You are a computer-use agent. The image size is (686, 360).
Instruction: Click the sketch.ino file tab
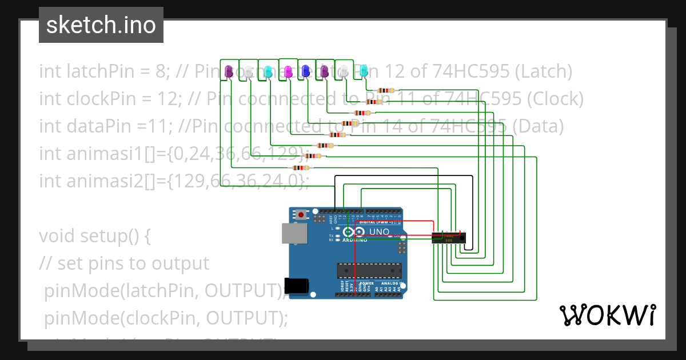click(101, 25)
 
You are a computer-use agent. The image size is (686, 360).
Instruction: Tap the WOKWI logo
click(607, 315)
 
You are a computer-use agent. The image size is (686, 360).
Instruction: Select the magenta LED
click(288, 71)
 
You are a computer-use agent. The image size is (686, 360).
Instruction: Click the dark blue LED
click(305, 71)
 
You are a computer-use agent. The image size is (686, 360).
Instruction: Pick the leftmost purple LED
click(229, 71)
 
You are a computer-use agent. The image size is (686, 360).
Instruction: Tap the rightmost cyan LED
click(364, 71)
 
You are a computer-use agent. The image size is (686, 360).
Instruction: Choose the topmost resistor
click(386, 90)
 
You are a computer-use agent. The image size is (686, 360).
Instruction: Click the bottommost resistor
click(301, 167)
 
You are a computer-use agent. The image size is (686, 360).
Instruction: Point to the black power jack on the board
click(297, 285)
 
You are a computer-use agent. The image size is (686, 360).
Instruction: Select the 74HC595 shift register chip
click(449, 238)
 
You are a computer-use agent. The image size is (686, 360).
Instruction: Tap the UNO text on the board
click(379, 232)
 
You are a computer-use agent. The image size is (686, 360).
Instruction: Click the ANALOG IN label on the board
click(393, 283)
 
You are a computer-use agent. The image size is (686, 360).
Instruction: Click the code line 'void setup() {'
click(94, 235)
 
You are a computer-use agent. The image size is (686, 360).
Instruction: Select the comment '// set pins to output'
click(124, 263)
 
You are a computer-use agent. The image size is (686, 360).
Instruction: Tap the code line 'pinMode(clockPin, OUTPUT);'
click(166, 318)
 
